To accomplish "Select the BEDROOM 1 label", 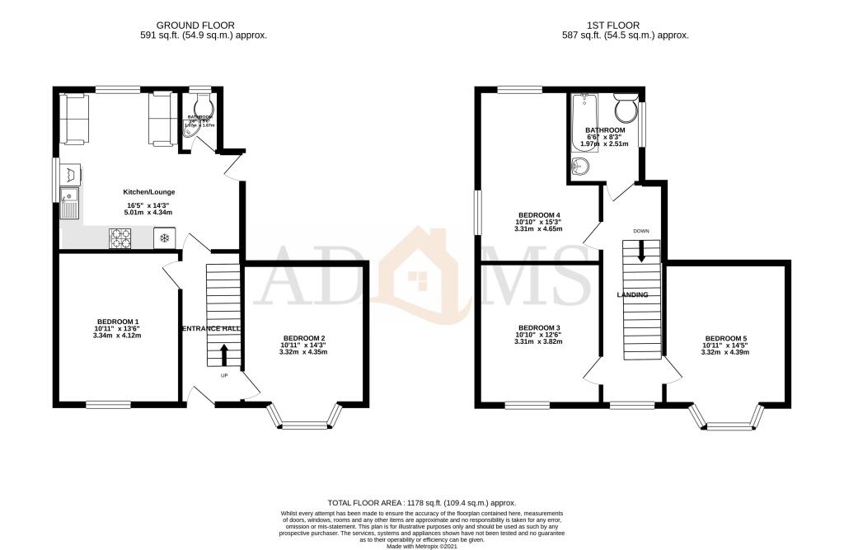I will tap(118, 322).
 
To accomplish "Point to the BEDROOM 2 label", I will tap(304, 338).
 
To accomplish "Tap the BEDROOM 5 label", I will tap(725, 338).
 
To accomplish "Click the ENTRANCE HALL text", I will tap(211, 328).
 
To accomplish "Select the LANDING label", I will tap(633, 294).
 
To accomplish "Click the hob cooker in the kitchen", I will tap(121, 238).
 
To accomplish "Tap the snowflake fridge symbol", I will tap(164, 238).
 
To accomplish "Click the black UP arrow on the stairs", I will tap(223, 355).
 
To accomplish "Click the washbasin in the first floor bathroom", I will tap(581, 167).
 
